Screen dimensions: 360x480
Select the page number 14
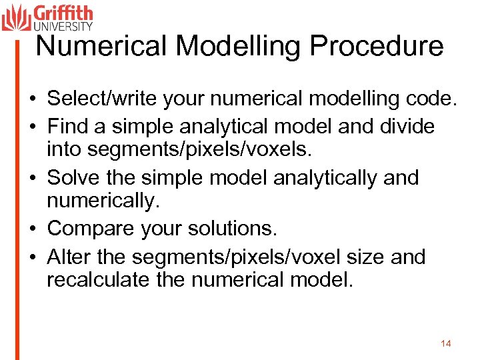coord(446,343)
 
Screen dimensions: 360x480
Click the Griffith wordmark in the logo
coord(63,14)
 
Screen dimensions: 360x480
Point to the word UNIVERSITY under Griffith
coord(63,27)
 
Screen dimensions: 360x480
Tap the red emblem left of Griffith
coord(16,17)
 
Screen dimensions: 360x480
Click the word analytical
coord(233,126)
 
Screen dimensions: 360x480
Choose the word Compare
coord(95,229)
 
